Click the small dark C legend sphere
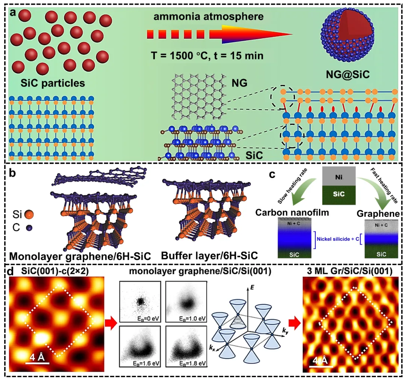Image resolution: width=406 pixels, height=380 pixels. [x=29, y=227]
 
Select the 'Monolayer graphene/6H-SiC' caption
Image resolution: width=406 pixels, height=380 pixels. [x=80, y=257]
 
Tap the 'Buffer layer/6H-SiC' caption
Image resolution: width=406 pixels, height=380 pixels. [x=209, y=256]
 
